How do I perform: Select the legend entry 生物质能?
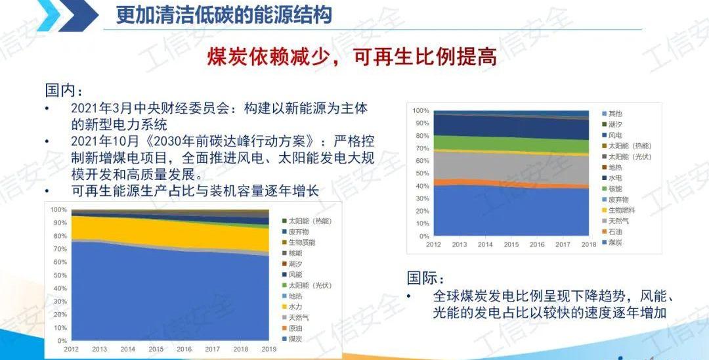301,242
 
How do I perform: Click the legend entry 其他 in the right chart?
614,114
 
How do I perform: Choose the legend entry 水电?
614,178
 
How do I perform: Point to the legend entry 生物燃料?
621,210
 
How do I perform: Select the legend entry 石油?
614,231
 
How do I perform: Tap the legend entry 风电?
614,135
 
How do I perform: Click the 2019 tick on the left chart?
269,349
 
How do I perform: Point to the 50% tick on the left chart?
59,275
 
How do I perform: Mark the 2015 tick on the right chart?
511,244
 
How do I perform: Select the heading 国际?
426,279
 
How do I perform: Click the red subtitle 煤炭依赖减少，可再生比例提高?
351,57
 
